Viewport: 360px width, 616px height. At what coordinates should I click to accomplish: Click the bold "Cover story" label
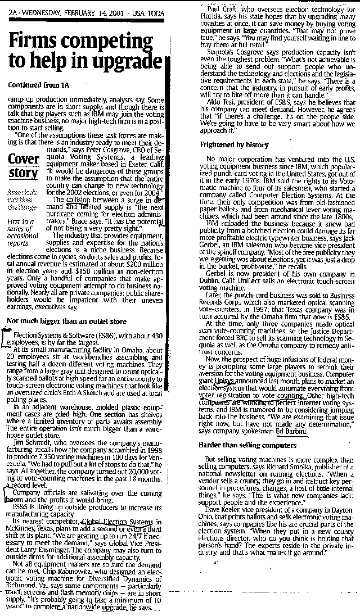coord(24,165)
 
